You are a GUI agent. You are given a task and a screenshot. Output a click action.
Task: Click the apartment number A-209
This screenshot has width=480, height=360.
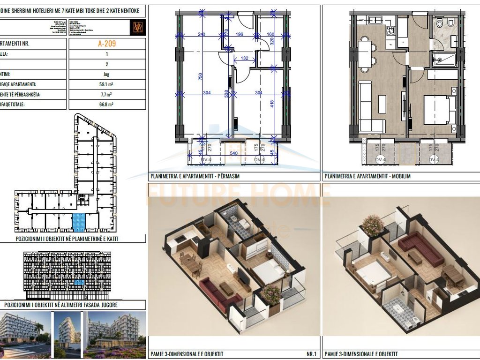tap(107, 44)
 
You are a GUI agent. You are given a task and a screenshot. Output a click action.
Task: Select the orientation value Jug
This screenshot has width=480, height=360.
tap(107, 75)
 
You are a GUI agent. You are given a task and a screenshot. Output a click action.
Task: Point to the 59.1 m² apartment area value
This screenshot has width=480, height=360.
tap(107, 85)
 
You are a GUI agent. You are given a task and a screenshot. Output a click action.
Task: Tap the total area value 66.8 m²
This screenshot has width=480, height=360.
tap(107, 105)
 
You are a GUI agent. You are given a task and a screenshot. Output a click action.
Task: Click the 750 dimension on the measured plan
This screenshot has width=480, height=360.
tap(200, 77)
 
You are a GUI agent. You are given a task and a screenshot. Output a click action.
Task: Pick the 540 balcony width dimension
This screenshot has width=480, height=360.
tap(233, 153)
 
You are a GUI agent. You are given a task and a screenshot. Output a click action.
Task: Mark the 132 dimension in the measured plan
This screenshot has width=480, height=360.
tap(244, 58)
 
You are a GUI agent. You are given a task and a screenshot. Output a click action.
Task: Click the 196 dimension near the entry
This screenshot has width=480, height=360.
tap(239, 34)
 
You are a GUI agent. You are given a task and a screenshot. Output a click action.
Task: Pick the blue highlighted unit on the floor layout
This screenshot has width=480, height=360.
tap(80, 222)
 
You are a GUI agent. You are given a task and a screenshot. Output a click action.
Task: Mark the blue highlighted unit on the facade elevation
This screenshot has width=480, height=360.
tap(80, 283)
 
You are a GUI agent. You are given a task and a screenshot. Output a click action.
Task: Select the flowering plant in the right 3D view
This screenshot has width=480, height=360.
tap(373, 225)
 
